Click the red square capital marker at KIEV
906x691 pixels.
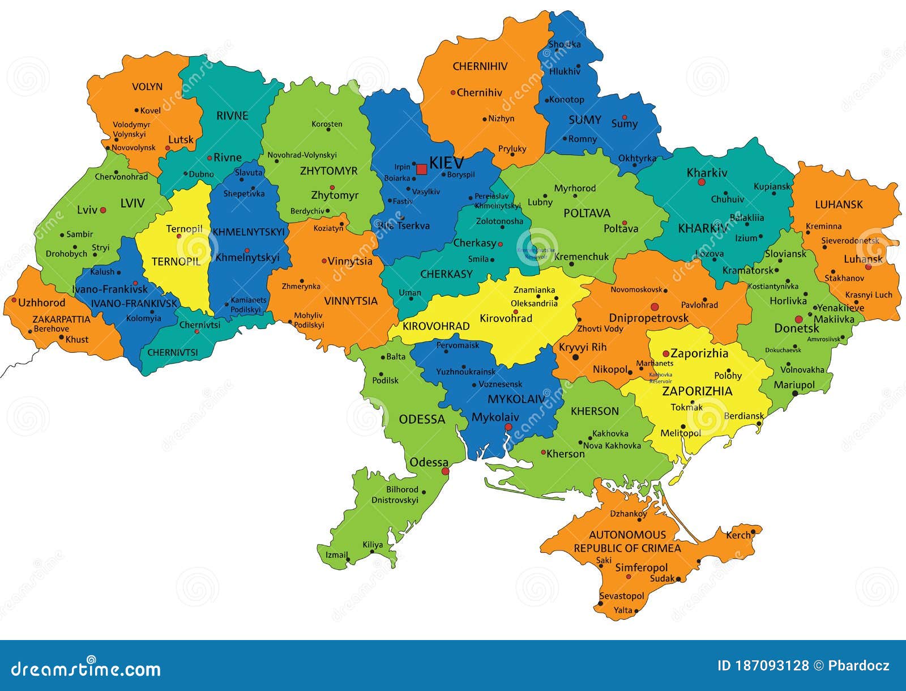(421, 169)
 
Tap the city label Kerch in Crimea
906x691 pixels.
(738, 535)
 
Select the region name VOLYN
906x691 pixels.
(147, 87)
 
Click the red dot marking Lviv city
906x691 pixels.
(103, 210)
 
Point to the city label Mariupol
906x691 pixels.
(794, 385)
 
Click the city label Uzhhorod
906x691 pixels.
(41, 302)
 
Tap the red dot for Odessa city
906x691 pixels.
(445, 471)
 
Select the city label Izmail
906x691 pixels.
(336, 554)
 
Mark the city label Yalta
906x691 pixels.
(623, 610)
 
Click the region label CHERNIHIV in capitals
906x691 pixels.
(480, 66)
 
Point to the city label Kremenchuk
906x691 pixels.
(581, 257)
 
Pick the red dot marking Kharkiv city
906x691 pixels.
(702, 182)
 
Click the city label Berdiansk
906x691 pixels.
(743, 416)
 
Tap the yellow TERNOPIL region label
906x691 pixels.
(176, 262)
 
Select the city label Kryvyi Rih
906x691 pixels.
(582, 347)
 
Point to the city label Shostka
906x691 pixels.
(565, 44)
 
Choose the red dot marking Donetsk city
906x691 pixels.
(798, 319)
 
